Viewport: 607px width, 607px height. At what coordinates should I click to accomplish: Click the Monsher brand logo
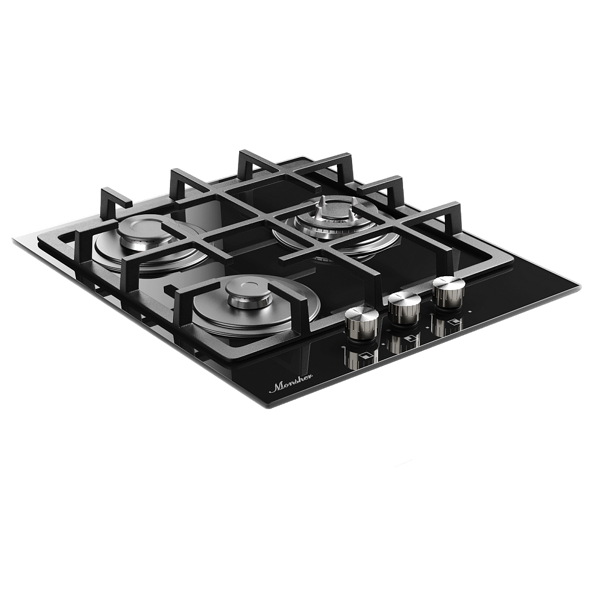[291, 385]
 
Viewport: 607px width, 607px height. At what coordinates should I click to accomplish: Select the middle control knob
[404, 308]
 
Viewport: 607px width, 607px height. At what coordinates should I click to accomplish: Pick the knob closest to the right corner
[449, 292]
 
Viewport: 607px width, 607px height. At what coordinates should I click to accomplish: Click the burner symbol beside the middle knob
[412, 340]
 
